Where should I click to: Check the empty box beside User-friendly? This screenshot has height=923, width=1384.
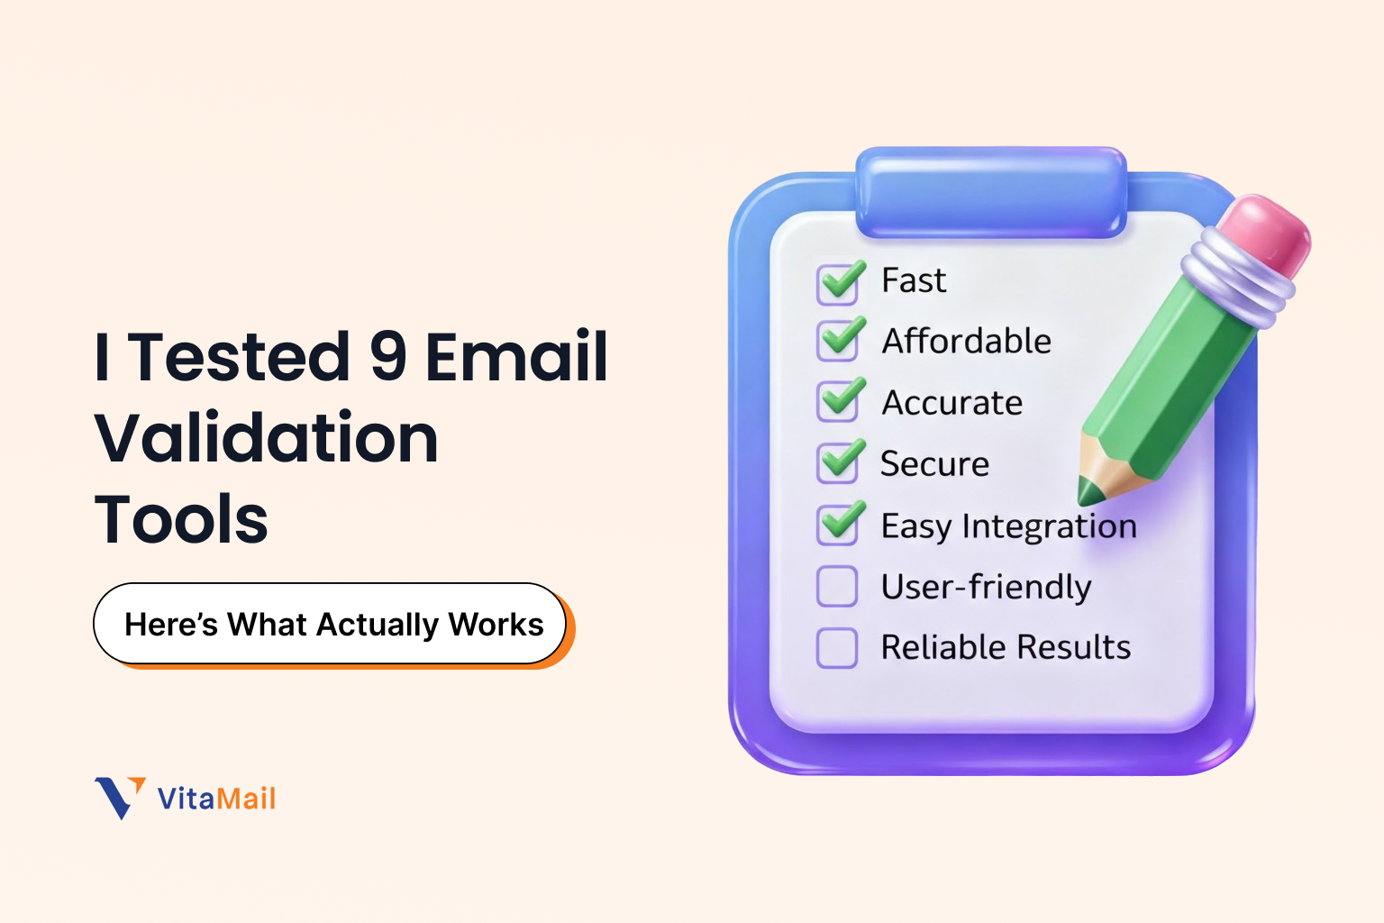click(x=837, y=587)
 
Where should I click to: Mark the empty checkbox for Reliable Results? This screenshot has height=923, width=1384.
click(x=837, y=647)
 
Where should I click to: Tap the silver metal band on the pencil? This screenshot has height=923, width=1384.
click(x=1236, y=277)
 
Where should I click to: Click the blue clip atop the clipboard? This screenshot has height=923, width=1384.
click(x=991, y=192)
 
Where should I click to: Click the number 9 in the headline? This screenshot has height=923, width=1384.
click(x=388, y=356)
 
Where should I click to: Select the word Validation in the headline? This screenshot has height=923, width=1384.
click(x=267, y=438)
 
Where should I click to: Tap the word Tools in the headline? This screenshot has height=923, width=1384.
click(x=181, y=520)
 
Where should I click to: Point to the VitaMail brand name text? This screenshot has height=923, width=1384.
click(x=216, y=799)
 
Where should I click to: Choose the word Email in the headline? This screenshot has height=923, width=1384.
click(x=516, y=356)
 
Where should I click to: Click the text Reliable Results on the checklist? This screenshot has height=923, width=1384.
click(x=1006, y=647)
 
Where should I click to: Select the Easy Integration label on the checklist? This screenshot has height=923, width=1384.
click(x=1008, y=525)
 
